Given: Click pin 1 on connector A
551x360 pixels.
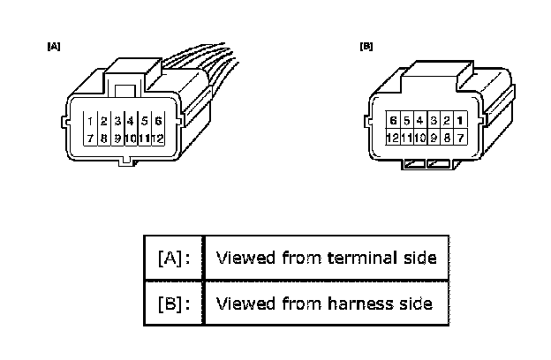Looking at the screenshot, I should [91, 121].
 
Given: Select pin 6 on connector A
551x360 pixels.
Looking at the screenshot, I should [157, 121].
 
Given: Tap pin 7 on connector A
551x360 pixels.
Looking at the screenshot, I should [91, 138].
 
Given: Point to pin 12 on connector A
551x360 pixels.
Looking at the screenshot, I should [157, 138].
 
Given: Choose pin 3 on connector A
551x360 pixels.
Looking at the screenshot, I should [117, 121].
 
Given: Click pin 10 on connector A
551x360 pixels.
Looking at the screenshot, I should [131, 138].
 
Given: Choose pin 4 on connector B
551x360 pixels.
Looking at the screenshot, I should [419, 120].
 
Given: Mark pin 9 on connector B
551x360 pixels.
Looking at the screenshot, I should [433, 137].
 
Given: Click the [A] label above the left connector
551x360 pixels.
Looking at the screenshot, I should [53, 45].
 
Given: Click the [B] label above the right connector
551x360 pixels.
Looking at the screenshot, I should [366, 46].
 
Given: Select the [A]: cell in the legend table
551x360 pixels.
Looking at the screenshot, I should [173, 259].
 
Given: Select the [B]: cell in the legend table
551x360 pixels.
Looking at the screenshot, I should [173, 304].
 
